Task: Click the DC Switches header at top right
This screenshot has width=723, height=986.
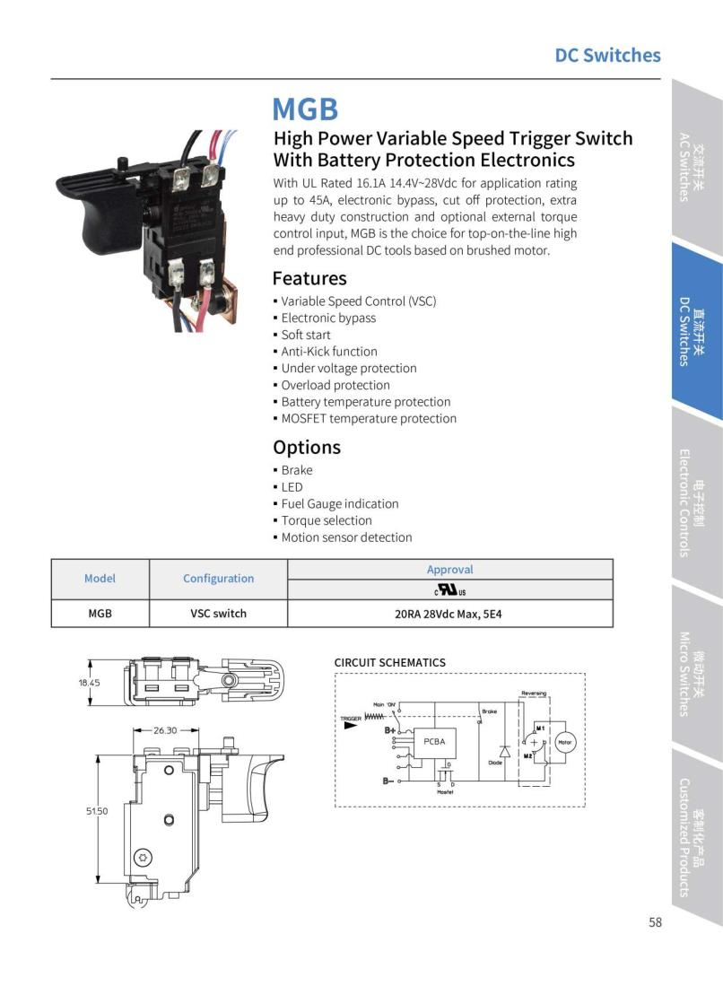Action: [x=607, y=56]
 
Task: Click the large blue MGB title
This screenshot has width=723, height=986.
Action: [x=305, y=109]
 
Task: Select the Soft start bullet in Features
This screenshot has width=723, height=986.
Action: [x=306, y=335]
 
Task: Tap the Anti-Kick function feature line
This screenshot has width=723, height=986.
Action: [x=329, y=352]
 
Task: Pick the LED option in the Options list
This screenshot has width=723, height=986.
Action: [x=292, y=487]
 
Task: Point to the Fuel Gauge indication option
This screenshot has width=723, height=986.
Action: [x=340, y=504]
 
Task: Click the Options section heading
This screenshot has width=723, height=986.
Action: [x=307, y=447]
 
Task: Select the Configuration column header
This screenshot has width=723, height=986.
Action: [x=218, y=579]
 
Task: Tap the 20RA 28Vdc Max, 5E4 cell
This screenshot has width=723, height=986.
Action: [x=449, y=614]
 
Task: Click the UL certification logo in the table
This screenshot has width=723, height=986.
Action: [x=449, y=590]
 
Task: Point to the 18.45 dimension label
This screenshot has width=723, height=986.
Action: [x=89, y=683]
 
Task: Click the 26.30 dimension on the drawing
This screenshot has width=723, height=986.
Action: [x=164, y=730]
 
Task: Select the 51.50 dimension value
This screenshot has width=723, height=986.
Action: [x=96, y=811]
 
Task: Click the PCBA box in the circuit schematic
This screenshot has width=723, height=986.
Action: [x=434, y=742]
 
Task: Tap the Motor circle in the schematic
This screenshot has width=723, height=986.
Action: [x=564, y=742]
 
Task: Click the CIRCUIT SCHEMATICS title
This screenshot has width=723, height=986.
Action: [x=389, y=663]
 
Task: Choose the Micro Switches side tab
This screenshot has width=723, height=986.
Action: [x=692, y=674]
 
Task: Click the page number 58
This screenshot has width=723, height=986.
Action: [x=655, y=922]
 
